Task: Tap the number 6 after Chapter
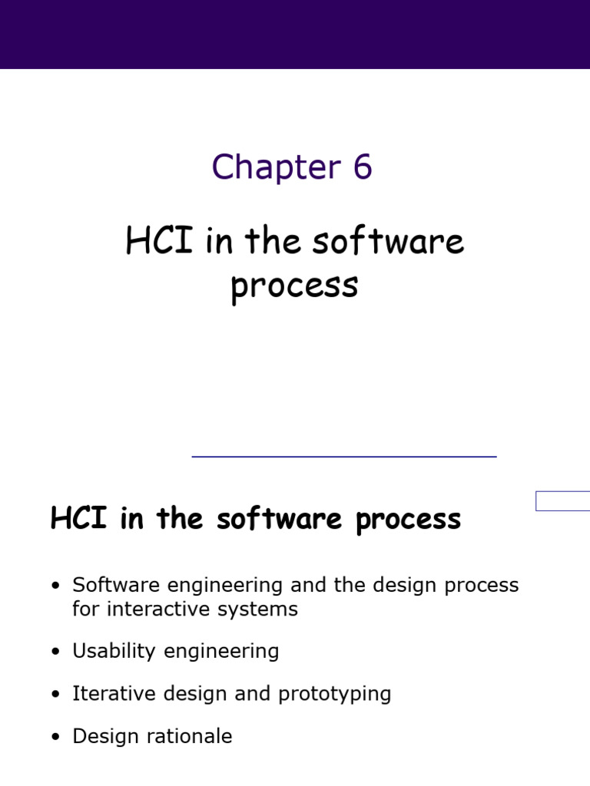(363, 167)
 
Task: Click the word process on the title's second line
(294, 287)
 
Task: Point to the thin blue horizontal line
(343, 457)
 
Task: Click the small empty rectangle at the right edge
(562, 501)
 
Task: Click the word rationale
(194, 737)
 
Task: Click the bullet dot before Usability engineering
(55, 652)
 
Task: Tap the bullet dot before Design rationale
(55, 738)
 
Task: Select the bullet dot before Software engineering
(55, 586)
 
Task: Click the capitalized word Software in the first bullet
(108, 585)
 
